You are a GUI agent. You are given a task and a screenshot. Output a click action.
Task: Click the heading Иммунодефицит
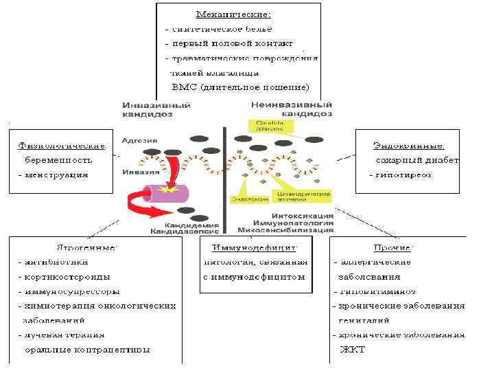pyautogui.click(x=254, y=247)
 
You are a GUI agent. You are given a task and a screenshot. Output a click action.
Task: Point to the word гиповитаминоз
pyautogui.click(x=375, y=291)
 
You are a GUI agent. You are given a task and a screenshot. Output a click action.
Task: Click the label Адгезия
pyautogui.click(x=139, y=140)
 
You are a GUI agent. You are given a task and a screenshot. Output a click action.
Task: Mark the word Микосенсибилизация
pyautogui.click(x=285, y=232)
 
